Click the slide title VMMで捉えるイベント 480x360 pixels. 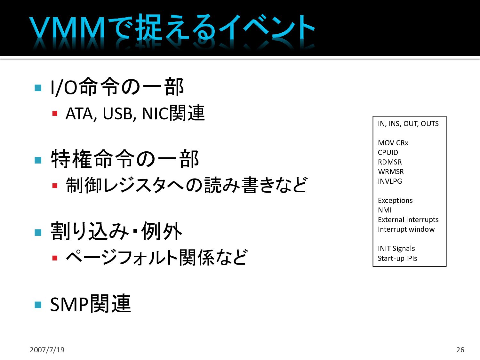172,28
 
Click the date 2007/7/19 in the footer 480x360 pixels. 47,350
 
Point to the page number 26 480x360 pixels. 460,350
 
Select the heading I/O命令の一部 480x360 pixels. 117,87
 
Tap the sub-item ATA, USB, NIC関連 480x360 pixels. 135,113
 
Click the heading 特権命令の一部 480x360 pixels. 125,159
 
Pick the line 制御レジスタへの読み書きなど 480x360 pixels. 186,185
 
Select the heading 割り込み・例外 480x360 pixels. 116,231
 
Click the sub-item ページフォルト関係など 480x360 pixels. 156,257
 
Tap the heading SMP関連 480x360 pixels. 91,304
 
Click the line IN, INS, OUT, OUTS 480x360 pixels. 408,124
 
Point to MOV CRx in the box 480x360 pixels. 393,143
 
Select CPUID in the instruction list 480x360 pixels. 388,153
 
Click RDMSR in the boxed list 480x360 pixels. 390,162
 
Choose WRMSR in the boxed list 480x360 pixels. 391,172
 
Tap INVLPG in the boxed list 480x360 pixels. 390,181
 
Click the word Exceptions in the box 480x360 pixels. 395,201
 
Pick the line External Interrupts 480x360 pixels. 408,220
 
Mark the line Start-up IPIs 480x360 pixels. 397,258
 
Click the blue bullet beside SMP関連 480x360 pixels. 38,304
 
